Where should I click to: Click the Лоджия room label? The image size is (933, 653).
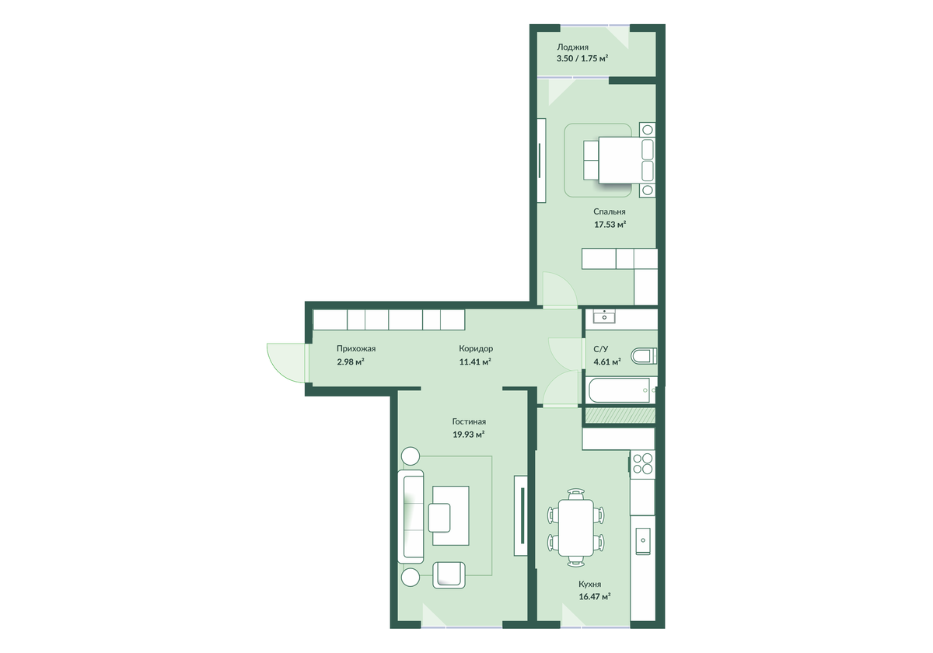pos(573,47)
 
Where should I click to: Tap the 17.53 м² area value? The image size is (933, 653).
pos(610,225)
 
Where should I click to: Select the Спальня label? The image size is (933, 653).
pos(610,211)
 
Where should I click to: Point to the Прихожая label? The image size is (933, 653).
pos(356,348)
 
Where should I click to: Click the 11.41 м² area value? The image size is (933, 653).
pos(475,362)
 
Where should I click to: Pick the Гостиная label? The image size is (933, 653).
pos(469,421)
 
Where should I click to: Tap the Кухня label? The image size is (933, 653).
pos(590,584)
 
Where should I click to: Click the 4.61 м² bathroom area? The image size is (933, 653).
pos(607,362)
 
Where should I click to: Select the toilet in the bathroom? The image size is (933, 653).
pos(644,356)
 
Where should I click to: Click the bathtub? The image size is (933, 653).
pos(621,390)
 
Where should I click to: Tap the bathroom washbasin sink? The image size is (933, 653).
pos(604,317)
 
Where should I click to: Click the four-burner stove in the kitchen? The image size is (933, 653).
pos(643,464)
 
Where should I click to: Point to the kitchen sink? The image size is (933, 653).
pos(643,540)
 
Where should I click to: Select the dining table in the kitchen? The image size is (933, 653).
pos(576,528)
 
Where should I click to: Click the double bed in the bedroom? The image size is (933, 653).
pos(619,160)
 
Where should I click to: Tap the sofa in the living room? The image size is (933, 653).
pos(411,516)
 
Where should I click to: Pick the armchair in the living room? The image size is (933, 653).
pos(449,574)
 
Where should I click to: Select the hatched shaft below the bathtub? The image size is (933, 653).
pos(620,415)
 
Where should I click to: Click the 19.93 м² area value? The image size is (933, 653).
pos(469,435)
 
